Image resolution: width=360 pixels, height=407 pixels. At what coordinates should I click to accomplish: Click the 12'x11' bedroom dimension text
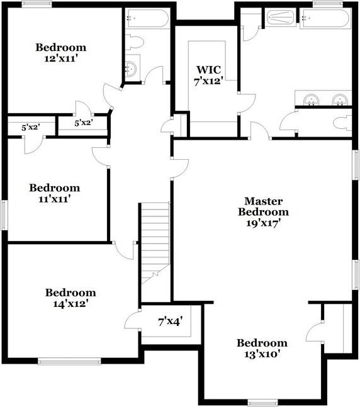pos(61,59)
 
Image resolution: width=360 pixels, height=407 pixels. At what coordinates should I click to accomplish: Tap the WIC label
pos(209,70)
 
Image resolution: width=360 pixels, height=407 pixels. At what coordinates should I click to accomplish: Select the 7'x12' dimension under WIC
pos(209,81)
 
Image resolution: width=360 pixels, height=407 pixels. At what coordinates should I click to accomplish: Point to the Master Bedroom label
pos(264,206)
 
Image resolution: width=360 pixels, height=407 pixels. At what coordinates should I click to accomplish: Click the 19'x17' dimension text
pos(264,223)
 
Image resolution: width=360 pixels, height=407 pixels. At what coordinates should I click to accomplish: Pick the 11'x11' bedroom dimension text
pos(55,199)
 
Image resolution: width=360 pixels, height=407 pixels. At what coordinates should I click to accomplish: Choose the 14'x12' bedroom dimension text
pos(70,304)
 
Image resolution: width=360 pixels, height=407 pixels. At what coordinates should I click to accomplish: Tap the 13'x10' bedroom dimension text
pos(262,354)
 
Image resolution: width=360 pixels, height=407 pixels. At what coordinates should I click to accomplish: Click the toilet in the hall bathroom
pos(135,42)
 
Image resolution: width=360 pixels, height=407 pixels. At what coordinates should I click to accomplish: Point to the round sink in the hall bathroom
pos(131,69)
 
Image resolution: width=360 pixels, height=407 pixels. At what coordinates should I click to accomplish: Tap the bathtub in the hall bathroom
pos(147,18)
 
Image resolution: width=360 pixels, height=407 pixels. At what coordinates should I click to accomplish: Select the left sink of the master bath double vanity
pos(311,100)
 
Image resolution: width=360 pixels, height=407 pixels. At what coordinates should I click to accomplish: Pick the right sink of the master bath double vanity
pos(340,100)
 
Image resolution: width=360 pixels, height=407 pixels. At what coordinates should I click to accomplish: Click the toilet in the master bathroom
pos(342,123)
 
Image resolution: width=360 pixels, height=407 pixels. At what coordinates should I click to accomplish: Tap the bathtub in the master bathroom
pos(326,19)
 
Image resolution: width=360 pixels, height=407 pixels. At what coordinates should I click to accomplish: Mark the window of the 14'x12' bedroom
pos(69,361)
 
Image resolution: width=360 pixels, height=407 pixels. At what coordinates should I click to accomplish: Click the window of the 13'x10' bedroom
pos(263,403)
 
